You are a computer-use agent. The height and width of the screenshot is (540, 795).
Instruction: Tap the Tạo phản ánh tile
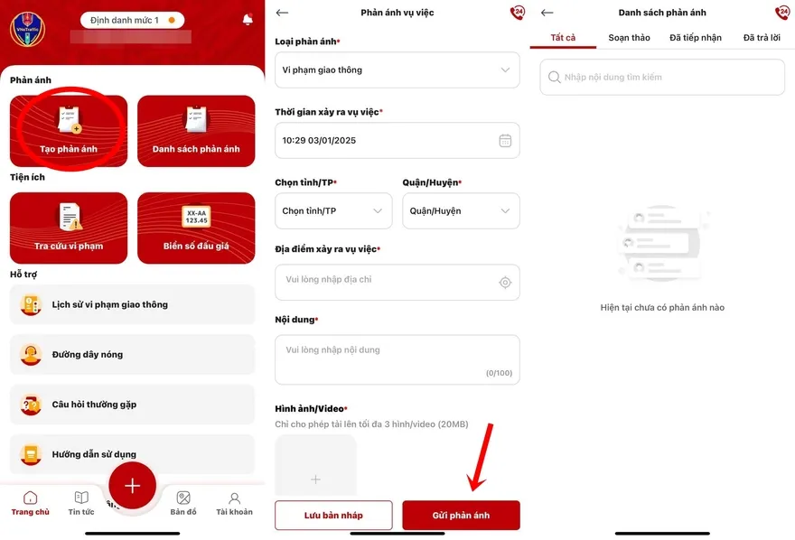click(69, 131)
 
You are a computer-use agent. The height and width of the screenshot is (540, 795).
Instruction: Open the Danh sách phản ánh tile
click(196, 131)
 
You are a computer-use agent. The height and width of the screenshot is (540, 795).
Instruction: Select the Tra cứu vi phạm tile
click(69, 228)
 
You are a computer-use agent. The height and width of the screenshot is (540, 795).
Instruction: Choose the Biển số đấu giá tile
click(196, 228)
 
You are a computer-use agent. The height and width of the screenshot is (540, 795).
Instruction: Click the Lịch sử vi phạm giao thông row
click(132, 304)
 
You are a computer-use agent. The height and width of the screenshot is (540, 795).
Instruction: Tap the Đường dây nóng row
click(132, 355)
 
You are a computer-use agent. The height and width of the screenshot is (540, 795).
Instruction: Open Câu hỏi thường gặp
click(132, 405)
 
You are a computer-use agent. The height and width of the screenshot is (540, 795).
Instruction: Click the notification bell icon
click(248, 19)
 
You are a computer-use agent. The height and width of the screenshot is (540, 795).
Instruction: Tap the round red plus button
click(132, 486)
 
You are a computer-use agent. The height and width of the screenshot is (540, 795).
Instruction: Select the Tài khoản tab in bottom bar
click(234, 504)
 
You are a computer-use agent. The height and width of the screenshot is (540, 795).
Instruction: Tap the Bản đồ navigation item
click(183, 504)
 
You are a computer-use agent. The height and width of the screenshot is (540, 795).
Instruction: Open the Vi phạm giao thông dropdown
click(397, 70)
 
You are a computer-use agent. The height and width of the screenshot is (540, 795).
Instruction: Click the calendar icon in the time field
click(505, 140)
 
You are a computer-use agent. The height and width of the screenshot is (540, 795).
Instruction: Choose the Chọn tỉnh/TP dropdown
click(333, 210)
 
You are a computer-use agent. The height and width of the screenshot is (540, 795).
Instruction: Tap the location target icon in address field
click(505, 282)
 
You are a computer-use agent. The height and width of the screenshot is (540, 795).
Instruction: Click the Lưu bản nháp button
click(333, 516)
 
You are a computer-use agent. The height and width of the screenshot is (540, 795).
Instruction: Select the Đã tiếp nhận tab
click(695, 38)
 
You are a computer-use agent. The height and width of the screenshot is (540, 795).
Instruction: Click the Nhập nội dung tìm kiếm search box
click(662, 77)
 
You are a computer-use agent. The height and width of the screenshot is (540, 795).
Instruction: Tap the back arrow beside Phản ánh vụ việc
click(282, 13)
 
